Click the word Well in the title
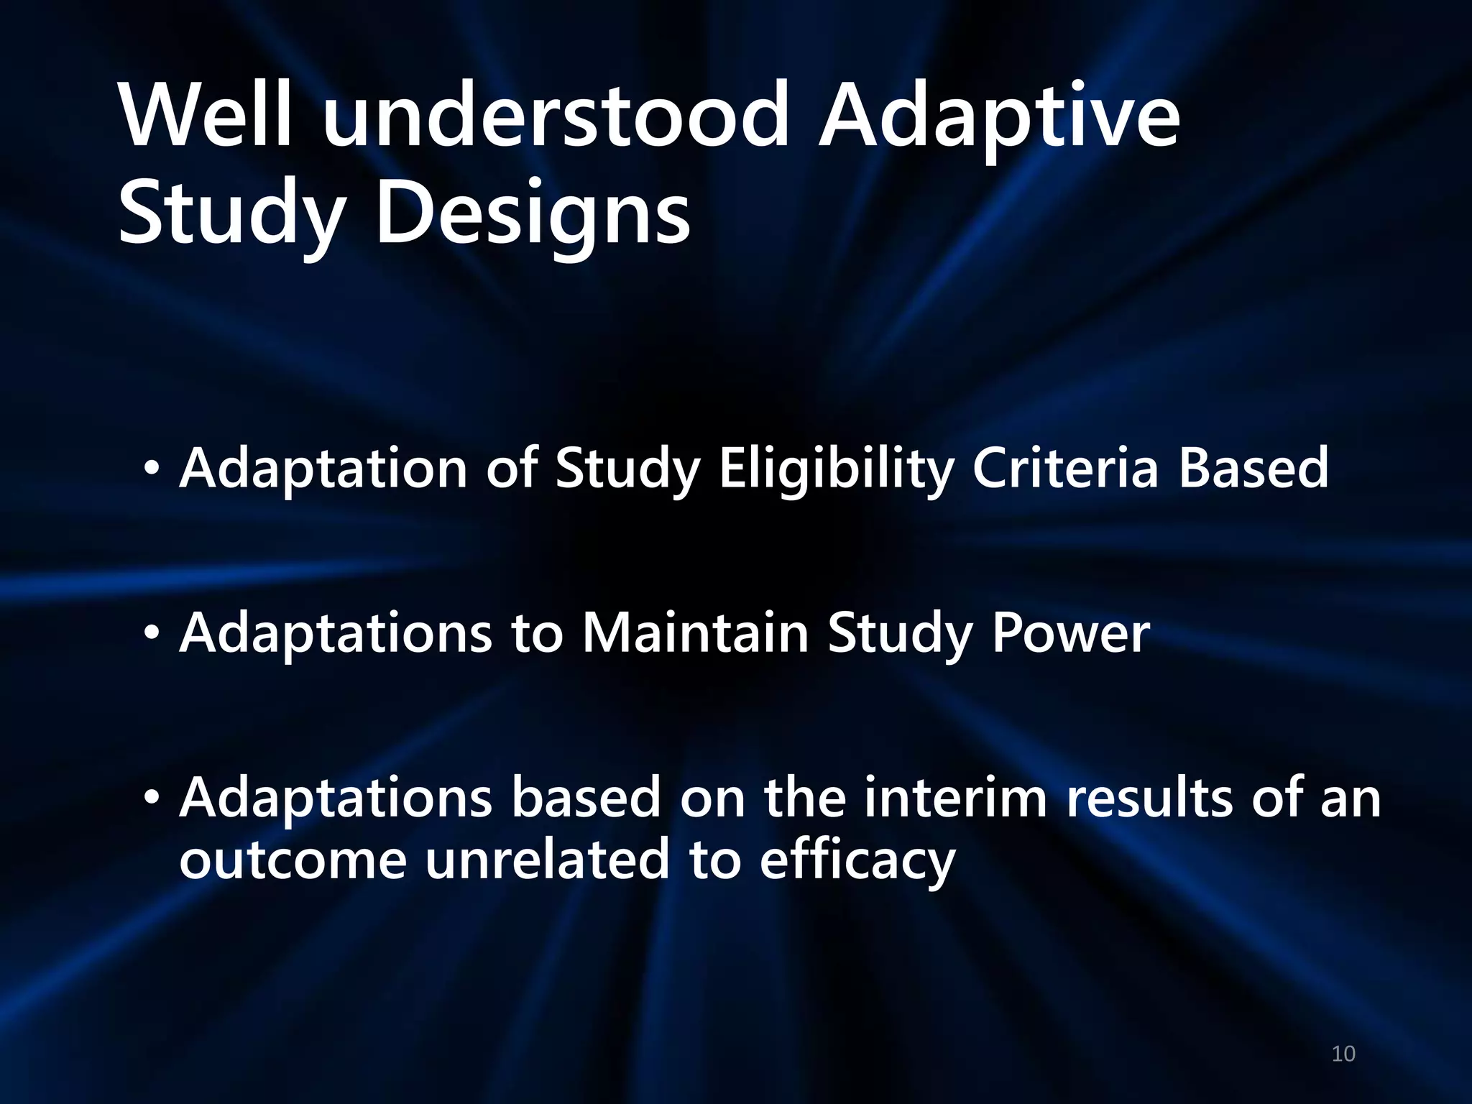(206, 115)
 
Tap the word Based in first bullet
(1253, 468)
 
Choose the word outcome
(293, 860)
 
